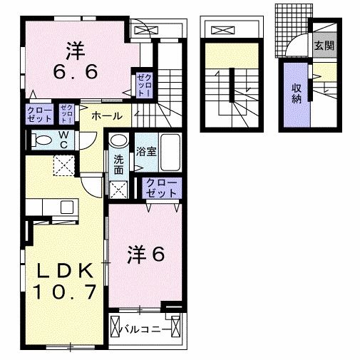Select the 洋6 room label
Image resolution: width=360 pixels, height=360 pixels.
[x=147, y=254]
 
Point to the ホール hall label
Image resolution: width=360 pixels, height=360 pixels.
[x=106, y=115]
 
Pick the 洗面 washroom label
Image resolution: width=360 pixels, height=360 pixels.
[x=118, y=165]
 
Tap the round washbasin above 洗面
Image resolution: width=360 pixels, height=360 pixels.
[x=119, y=140]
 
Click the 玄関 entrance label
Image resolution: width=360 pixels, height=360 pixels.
[x=324, y=47]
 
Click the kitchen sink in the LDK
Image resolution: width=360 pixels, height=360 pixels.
[x=66, y=207]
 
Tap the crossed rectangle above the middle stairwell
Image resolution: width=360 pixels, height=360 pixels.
[x=223, y=31]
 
